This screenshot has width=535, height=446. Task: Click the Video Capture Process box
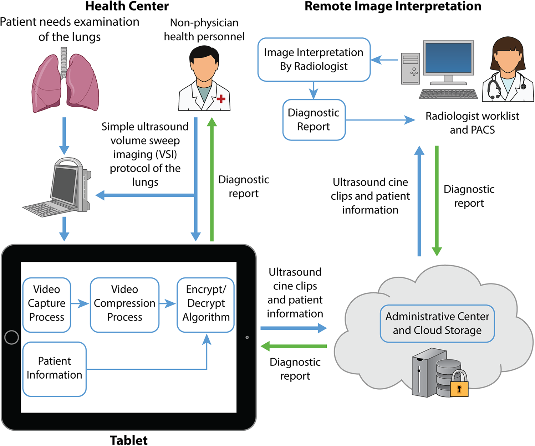47,305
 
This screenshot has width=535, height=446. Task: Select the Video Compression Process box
124,305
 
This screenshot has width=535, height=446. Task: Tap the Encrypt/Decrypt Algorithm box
206,305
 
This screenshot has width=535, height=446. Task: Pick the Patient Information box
55,369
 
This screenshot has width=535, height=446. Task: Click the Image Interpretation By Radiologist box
314,60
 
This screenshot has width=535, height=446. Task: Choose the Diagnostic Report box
314,120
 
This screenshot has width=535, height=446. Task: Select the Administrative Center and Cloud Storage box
437,324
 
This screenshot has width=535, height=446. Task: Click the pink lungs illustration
65,83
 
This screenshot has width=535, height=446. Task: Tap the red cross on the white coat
221,99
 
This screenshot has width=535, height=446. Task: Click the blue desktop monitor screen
448,58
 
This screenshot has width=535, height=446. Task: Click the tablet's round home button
12,337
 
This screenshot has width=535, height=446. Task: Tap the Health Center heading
127,6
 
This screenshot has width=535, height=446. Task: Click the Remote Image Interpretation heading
393,6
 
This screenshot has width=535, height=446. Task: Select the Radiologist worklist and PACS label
472,123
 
